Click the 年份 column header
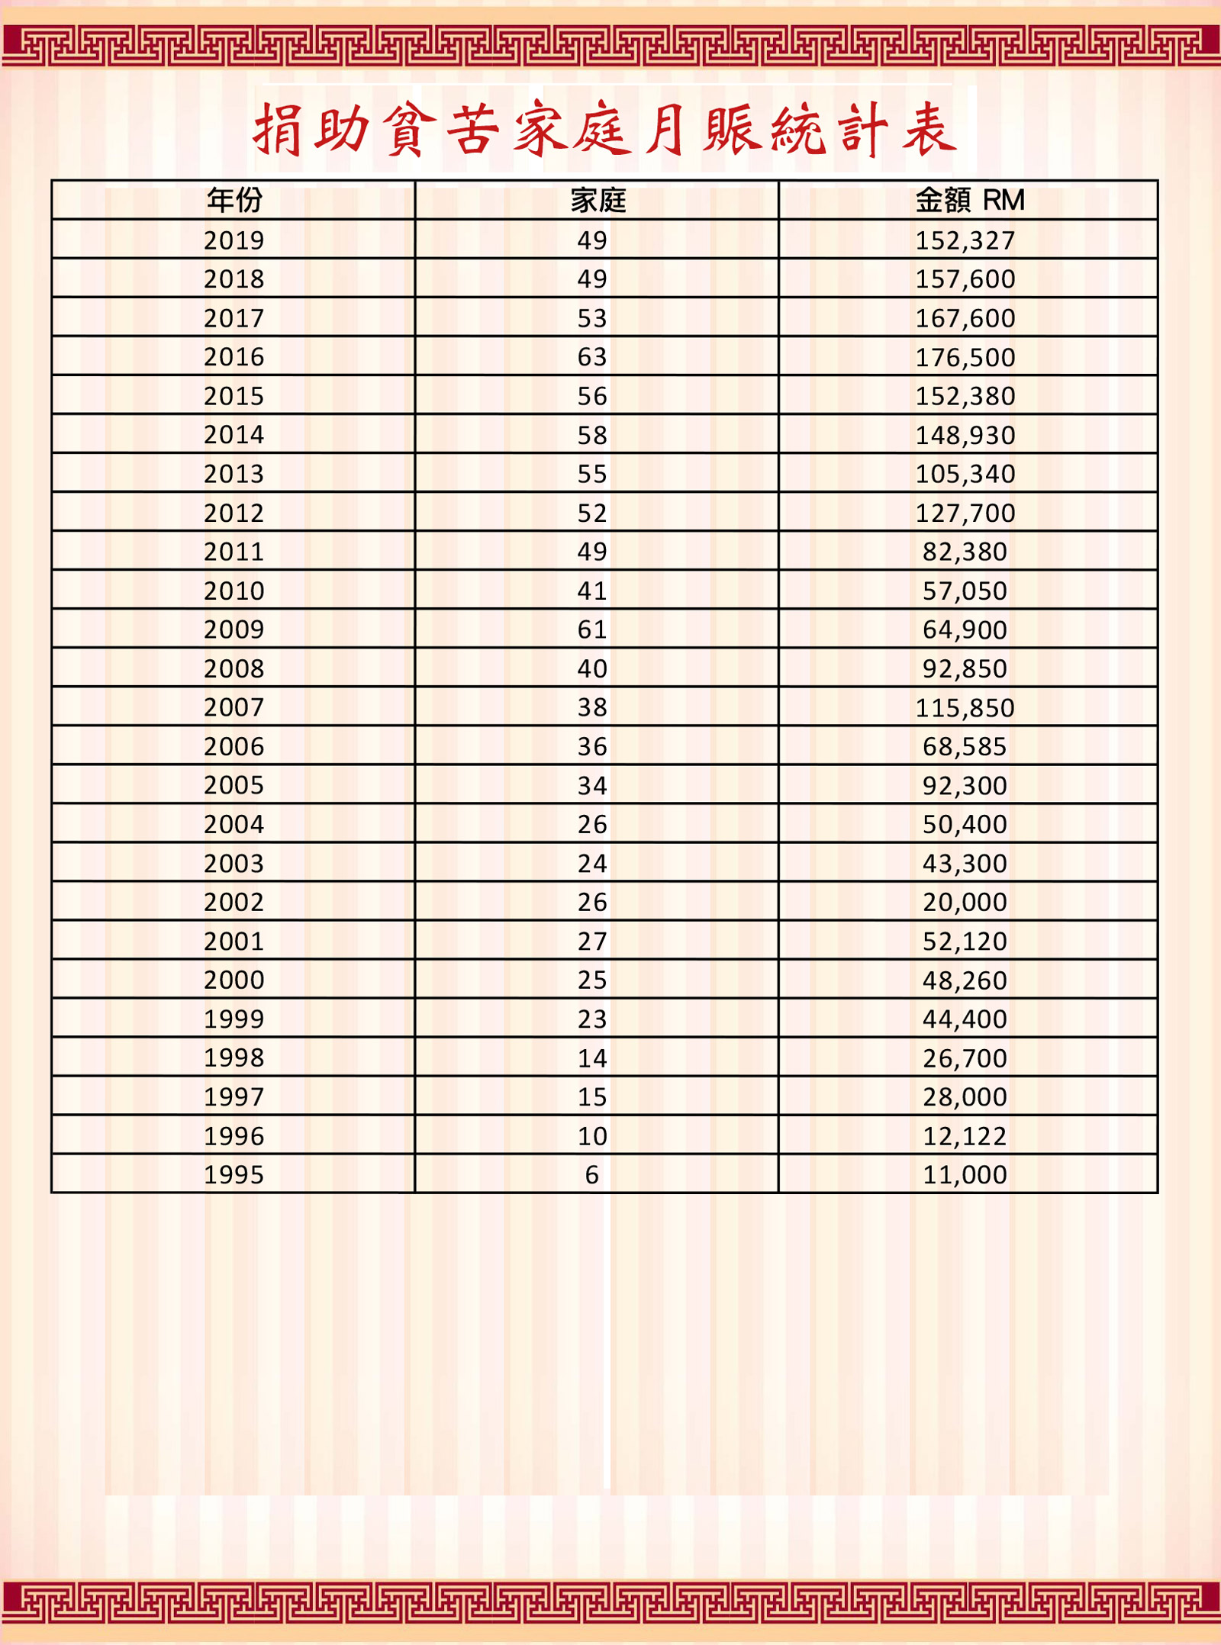(234, 200)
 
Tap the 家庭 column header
(598, 200)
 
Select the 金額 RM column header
(969, 200)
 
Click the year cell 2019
(234, 240)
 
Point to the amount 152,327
(965, 240)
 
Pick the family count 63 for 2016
(592, 356)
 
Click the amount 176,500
(965, 357)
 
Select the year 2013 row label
(234, 474)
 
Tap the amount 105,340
(965, 474)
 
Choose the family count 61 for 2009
(592, 629)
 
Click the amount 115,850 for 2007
(965, 707)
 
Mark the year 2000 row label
(234, 980)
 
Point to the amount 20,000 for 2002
(965, 902)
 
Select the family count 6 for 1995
(592, 1174)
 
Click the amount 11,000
(965, 1174)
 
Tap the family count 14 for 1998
(592, 1057)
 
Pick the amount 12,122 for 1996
(965, 1136)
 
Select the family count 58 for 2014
(592, 435)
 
